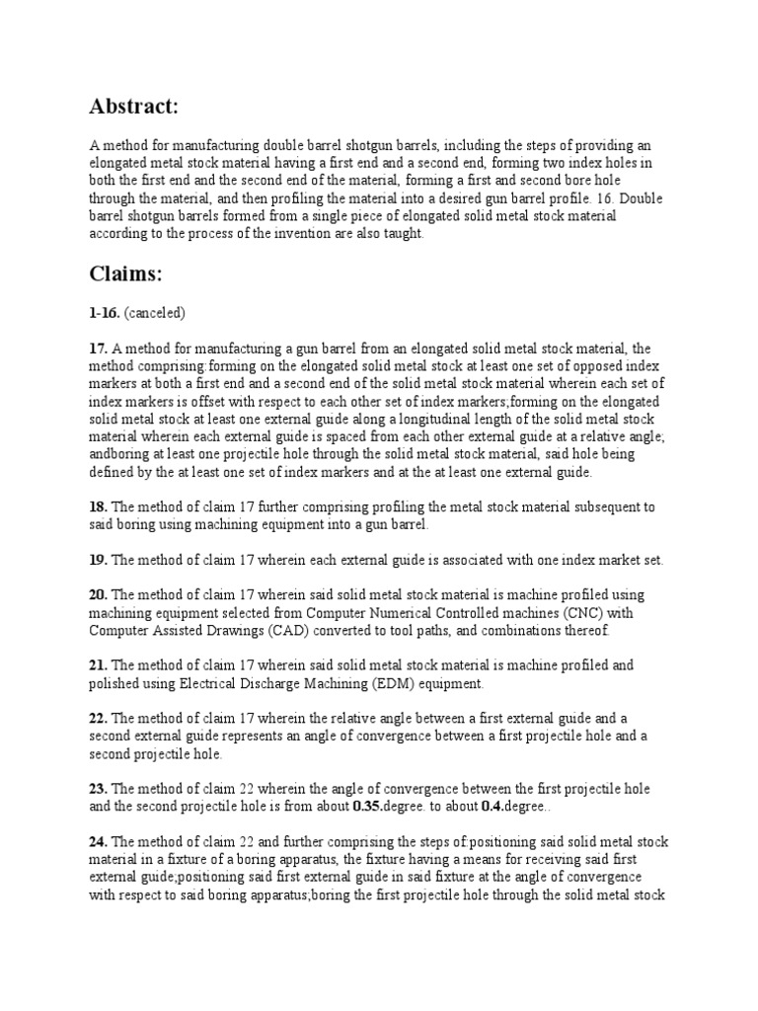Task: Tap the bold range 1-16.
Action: pos(103,313)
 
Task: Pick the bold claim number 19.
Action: pos(99,560)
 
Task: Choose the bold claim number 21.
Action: pos(99,665)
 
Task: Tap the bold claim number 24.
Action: pos(99,841)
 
